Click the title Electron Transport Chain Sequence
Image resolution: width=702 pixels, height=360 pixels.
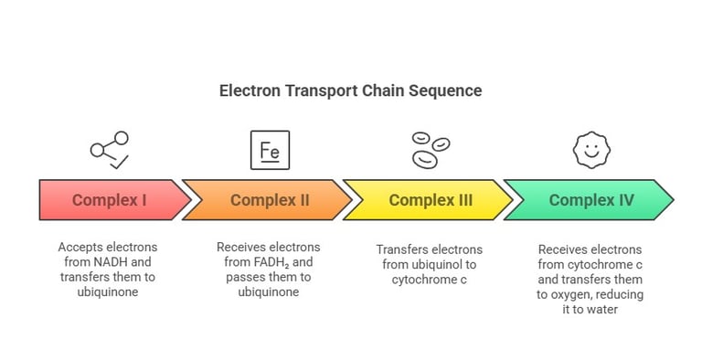point(350,91)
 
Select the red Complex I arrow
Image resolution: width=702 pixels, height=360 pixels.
point(109,200)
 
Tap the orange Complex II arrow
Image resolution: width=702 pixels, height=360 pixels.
point(268,200)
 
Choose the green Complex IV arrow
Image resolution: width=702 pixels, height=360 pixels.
point(590,200)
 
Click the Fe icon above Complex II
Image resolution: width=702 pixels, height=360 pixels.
point(270,150)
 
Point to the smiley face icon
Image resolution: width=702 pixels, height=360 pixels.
point(590,150)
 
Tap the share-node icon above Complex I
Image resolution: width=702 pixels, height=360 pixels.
point(109,150)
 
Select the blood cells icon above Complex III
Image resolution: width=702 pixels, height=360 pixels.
point(430,150)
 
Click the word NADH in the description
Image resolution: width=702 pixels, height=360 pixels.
point(101,262)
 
